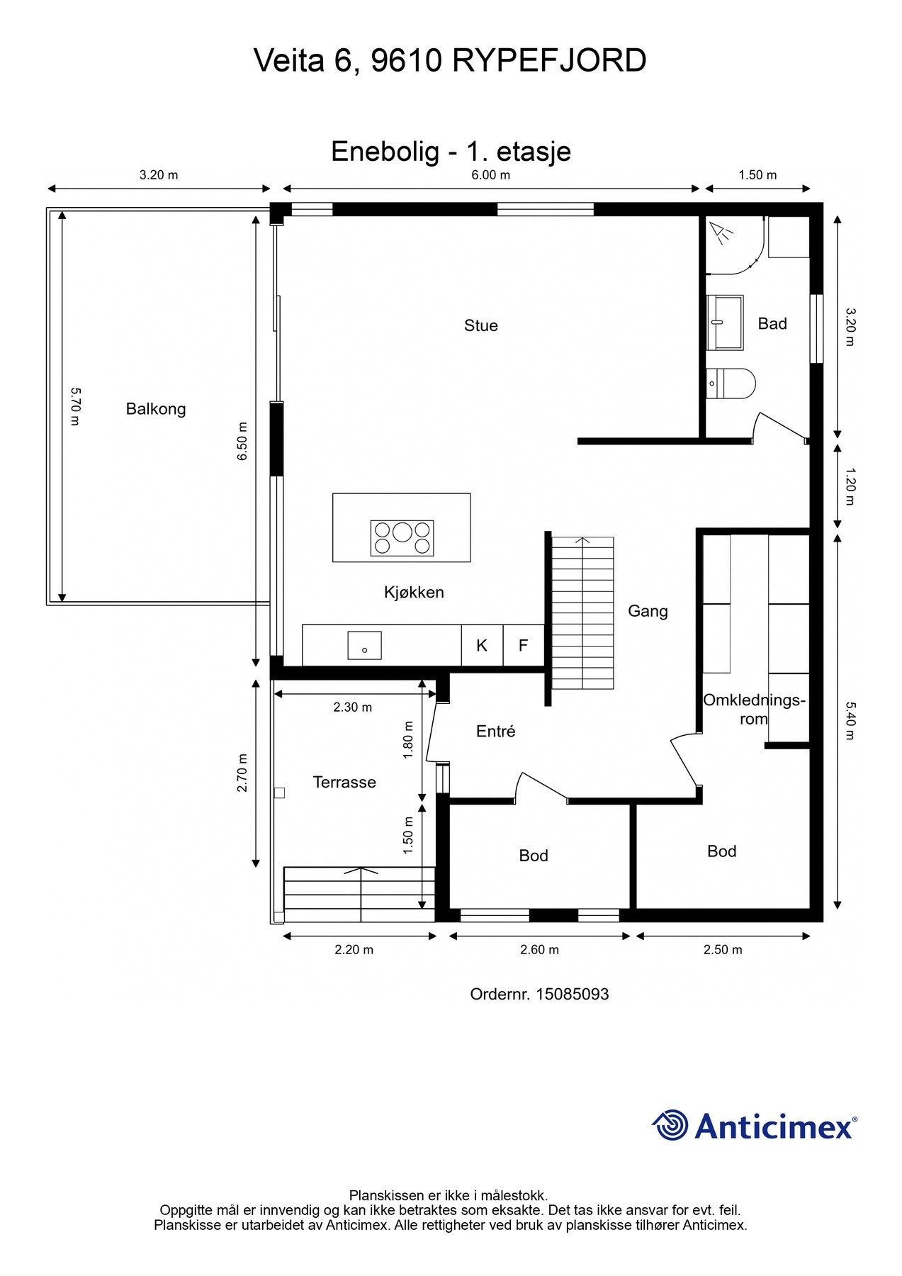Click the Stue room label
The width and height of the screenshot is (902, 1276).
coord(480,325)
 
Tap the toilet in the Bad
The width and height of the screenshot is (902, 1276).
coord(731,384)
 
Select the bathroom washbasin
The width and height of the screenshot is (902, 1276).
coord(725,323)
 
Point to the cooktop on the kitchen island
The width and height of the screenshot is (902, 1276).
coord(402,537)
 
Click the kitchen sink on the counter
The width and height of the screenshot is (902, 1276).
coord(364,646)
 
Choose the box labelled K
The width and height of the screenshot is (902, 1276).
coord(482,645)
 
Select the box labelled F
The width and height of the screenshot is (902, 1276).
coord(524,645)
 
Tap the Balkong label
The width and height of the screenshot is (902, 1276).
coord(156,409)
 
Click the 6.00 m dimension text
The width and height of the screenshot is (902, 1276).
coord(491,175)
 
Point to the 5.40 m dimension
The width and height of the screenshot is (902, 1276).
coord(850,720)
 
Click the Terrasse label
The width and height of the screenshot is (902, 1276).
coord(344,782)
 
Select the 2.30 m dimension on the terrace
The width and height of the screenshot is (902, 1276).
coord(353,707)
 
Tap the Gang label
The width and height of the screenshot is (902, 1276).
coord(648,611)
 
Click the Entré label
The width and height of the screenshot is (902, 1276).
coord(495,731)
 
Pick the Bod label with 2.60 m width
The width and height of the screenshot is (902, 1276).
coord(534,856)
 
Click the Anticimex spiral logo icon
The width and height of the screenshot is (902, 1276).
coord(670,1125)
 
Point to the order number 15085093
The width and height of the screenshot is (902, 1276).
coord(573,994)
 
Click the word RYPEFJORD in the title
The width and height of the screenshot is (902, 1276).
coord(549,61)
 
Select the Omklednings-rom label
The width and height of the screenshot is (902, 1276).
coord(754,709)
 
